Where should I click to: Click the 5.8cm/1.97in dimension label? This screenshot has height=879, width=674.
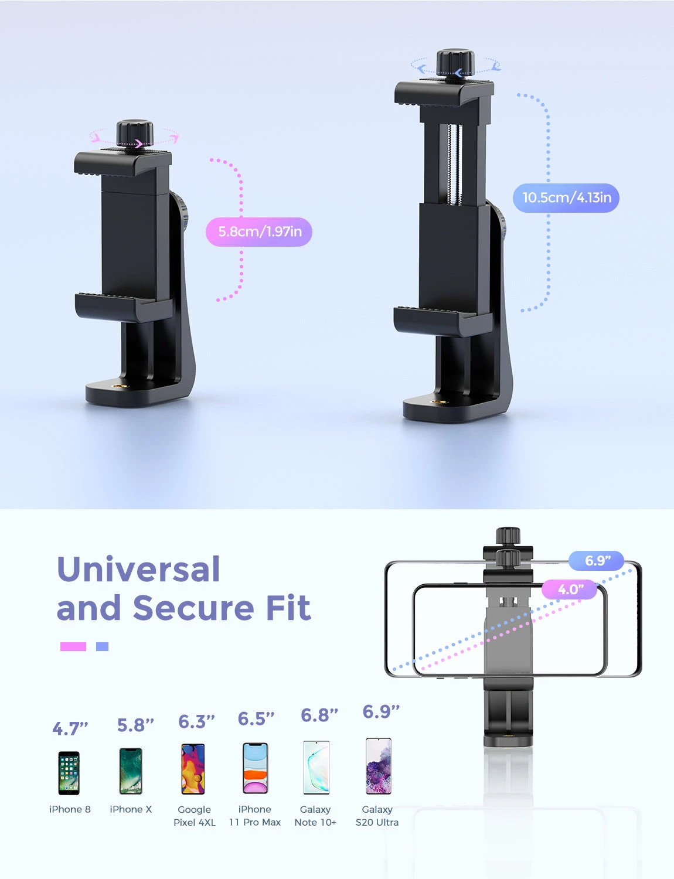tap(259, 232)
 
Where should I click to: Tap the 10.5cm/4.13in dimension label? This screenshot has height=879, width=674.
tap(566, 198)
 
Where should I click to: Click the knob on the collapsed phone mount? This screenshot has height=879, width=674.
tap(135, 132)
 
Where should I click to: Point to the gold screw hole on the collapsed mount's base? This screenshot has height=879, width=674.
tap(116, 386)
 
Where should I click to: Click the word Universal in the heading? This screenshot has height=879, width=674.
tap(138, 569)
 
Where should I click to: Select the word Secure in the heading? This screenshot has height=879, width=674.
tap(194, 608)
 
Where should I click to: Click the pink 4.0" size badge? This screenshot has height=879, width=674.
tap(569, 589)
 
